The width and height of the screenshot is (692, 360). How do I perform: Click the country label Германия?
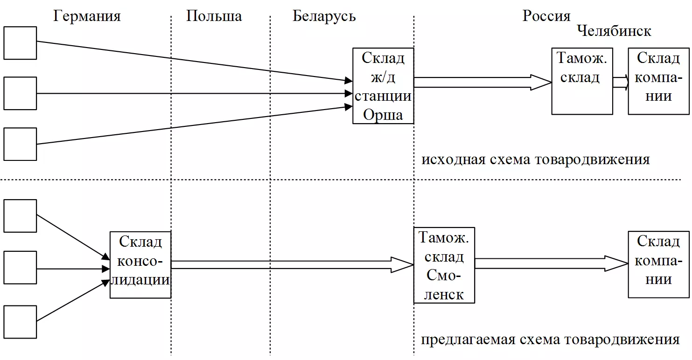[x=87, y=16]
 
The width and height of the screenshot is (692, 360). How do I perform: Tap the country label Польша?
[x=214, y=16]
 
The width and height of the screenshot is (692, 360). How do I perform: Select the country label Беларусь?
[x=324, y=16]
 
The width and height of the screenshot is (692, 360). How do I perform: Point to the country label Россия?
[x=546, y=16]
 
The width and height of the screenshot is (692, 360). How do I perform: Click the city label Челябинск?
[x=614, y=31]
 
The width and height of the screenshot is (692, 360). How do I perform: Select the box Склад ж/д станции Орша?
[x=383, y=86]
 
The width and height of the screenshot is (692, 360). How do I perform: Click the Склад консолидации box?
[x=140, y=265]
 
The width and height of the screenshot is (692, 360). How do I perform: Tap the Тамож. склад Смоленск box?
[x=444, y=265]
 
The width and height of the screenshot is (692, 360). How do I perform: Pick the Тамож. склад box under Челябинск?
[x=582, y=81]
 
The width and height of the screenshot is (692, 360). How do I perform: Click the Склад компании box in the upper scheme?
[x=658, y=81]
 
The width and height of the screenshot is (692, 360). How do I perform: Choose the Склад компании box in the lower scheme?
[x=658, y=264]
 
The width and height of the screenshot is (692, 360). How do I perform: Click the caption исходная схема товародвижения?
[x=536, y=159]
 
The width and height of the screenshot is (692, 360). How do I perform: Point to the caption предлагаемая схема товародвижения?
[x=550, y=339]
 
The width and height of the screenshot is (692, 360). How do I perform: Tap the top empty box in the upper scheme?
[x=20, y=43]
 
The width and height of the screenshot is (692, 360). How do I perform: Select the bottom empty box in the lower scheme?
[x=20, y=322]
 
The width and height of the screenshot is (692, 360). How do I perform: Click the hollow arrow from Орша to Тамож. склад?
[x=483, y=83]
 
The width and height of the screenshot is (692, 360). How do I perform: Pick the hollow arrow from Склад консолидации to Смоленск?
[x=292, y=265]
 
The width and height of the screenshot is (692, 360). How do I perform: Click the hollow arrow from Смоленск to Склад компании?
[x=552, y=263]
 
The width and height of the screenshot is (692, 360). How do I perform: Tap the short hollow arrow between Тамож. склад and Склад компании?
[x=621, y=83]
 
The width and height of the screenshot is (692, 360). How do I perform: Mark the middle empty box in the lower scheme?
[x=20, y=268]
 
